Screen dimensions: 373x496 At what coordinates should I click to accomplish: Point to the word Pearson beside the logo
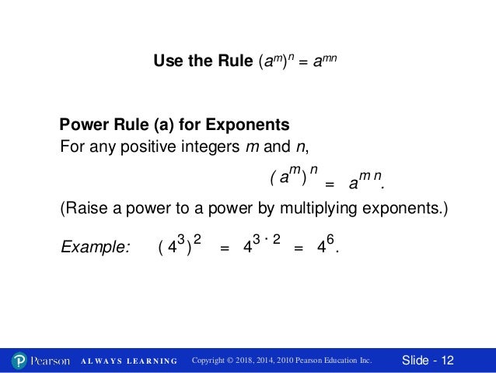tap(51, 361)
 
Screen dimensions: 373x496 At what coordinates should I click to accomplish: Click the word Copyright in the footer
tap(212, 361)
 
